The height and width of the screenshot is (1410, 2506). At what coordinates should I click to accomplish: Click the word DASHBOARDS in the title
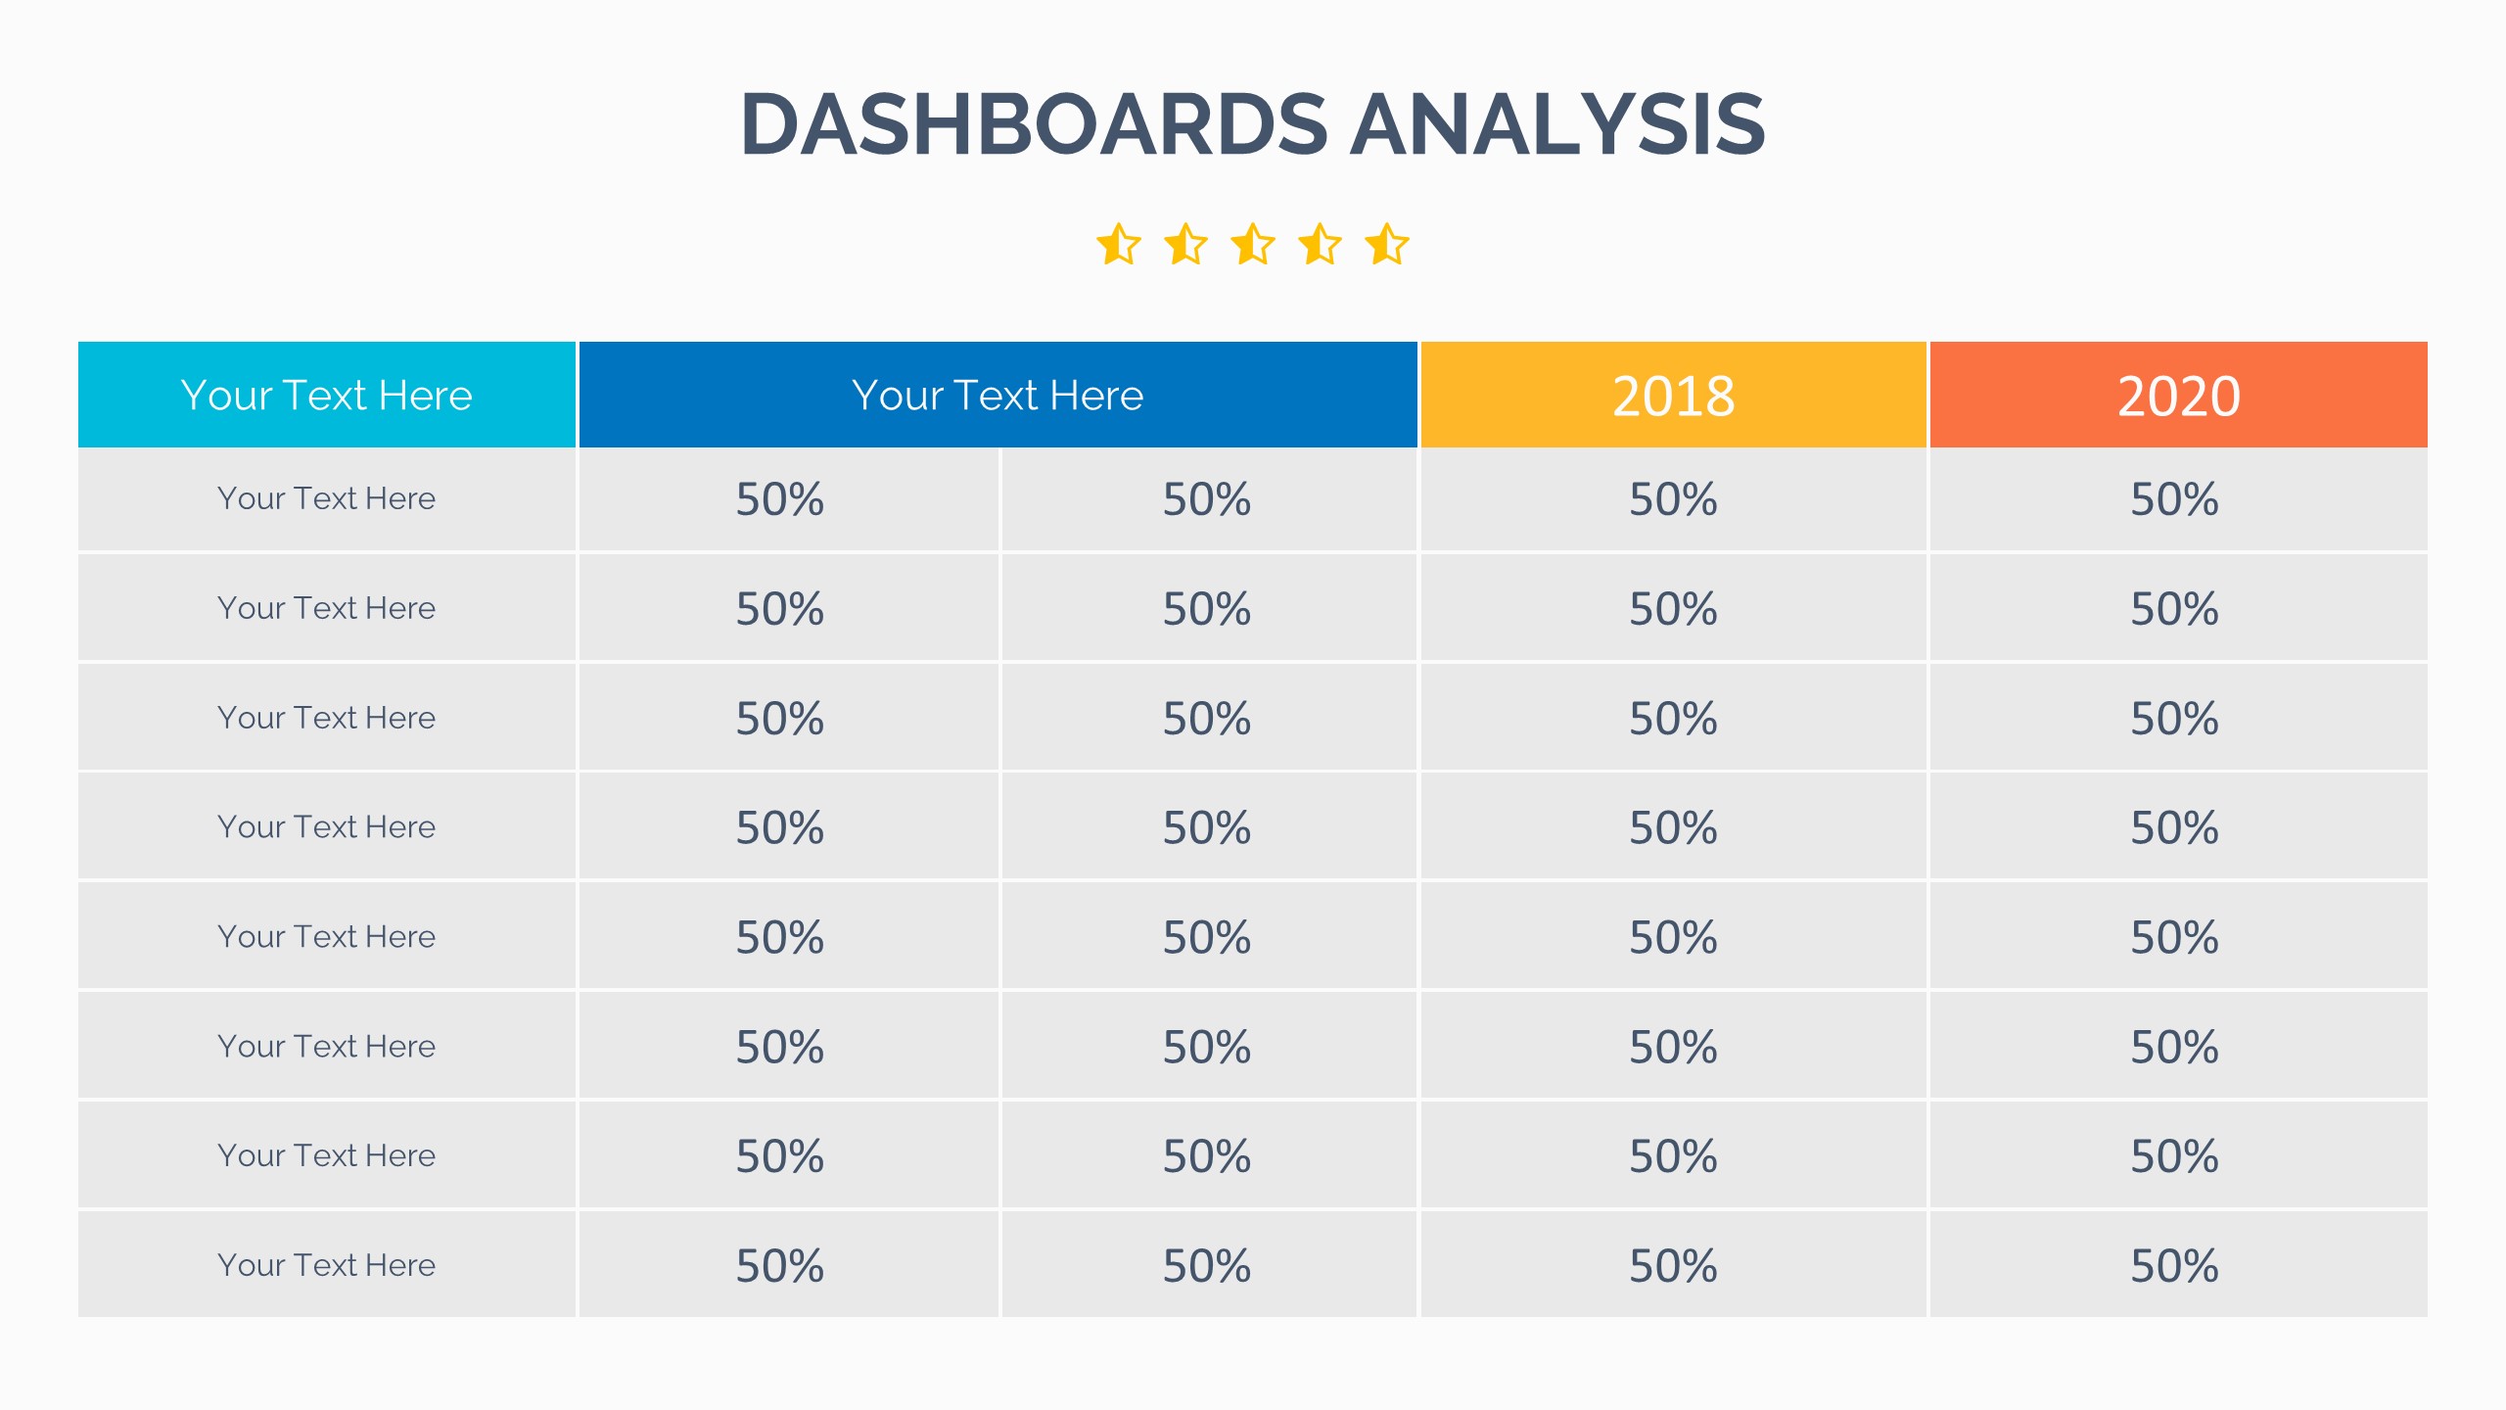pyautogui.click(x=1034, y=124)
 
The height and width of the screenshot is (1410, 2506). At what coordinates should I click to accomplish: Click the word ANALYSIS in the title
pyautogui.click(x=1557, y=124)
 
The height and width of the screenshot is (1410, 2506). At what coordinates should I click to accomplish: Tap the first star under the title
pyautogui.click(x=1118, y=245)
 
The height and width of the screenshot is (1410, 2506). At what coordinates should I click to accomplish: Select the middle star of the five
pyautogui.click(x=1253, y=245)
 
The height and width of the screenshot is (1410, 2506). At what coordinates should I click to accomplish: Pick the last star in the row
pyautogui.click(x=1387, y=245)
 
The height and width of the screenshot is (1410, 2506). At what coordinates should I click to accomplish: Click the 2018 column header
pyautogui.click(x=1673, y=396)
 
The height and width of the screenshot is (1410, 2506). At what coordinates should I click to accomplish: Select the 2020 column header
pyautogui.click(x=2178, y=396)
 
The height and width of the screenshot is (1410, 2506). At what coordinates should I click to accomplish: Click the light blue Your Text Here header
pyautogui.click(x=326, y=396)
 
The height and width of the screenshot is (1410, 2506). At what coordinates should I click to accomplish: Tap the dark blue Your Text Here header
pyautogui.click(x=998, y=396)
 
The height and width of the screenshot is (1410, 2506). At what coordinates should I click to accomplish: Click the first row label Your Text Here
pyautogui.click(x=326, y=498)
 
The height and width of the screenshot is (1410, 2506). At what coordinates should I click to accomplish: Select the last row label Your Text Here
pyautogui.click(x=326, y=1265)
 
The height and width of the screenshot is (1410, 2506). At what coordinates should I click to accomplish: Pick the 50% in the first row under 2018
pyautogui.click(x=1673, y=499)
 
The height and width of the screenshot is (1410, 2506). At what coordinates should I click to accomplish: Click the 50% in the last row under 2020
pyautogui.click(x=2174, y=1266)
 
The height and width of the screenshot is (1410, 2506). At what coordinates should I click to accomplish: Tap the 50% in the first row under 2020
pyautogui.click(x=2174, y=499)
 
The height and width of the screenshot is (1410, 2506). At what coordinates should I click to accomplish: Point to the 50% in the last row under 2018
pyautogui.click(x=1673, y=1266)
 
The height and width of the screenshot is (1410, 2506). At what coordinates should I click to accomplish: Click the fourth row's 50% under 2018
pyautogui.click(x=1673, y=828)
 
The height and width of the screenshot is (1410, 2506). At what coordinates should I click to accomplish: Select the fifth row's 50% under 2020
pyautogui.click(x=2174, y=938)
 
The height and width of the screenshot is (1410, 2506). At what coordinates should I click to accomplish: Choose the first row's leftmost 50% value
pyautogui.click(x=780, y=499)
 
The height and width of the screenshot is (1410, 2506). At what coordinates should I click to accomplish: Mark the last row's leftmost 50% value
pyautogui.click(x=780, y=1266)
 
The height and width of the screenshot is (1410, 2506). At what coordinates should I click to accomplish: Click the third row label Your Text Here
pyautogui.click(x=326, y=718)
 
